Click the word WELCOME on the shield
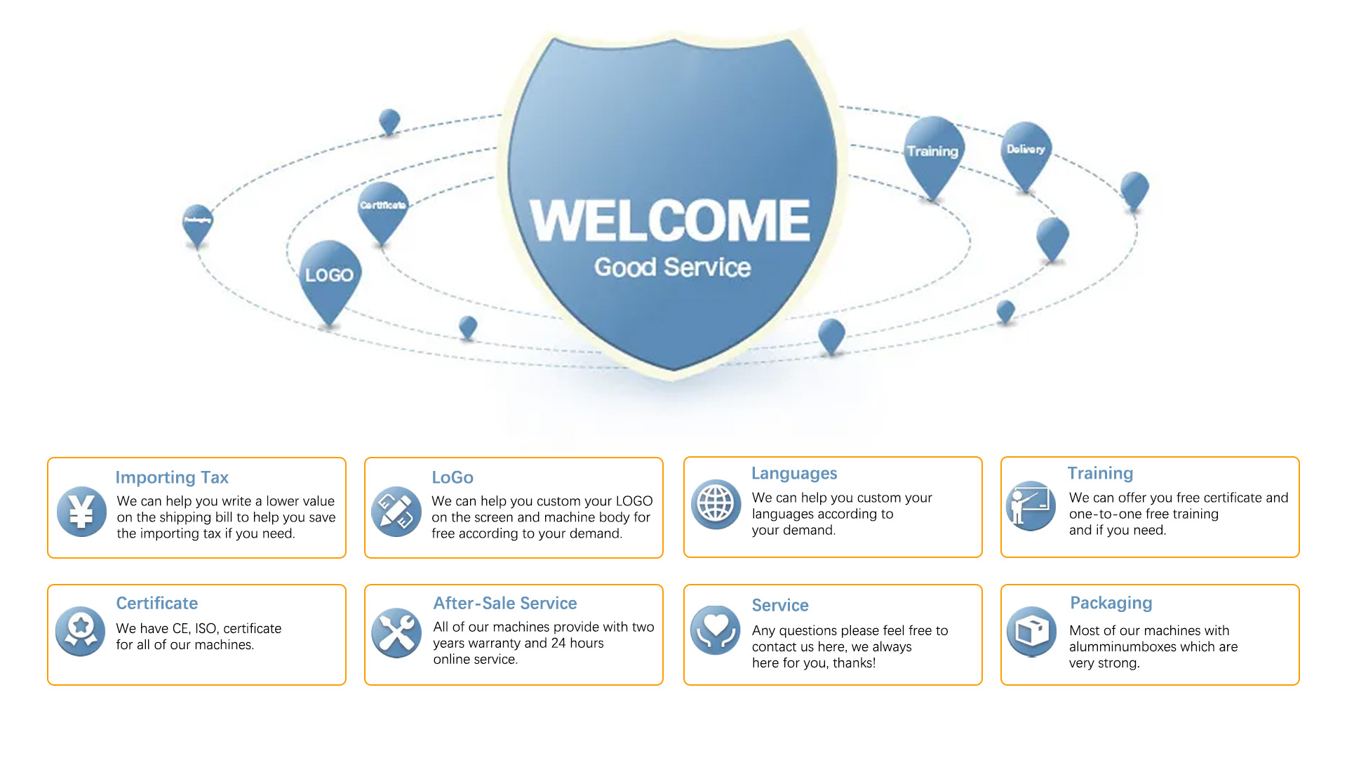tap(670, 220)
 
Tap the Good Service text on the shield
tap(672, 267)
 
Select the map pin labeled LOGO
tap(329, 275)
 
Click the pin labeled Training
tap(932, 152)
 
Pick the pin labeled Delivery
tap(1026, 149)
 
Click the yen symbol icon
tap(81, 511)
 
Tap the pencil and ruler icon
tap(396, 511)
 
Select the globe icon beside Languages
tap(716, 504)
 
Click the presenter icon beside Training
tap(1031, 505)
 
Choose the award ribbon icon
tap(81, 630)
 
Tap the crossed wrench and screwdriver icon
tap(396, 632)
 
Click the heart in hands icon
tap(716, 630)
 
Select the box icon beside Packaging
tap(1031, 631)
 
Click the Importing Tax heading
tap(172, 477)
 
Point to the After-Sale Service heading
tap(504, 603)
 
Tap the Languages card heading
tap(794, 473)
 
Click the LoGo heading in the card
tap(453, 477)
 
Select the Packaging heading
tap(1111, 603)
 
